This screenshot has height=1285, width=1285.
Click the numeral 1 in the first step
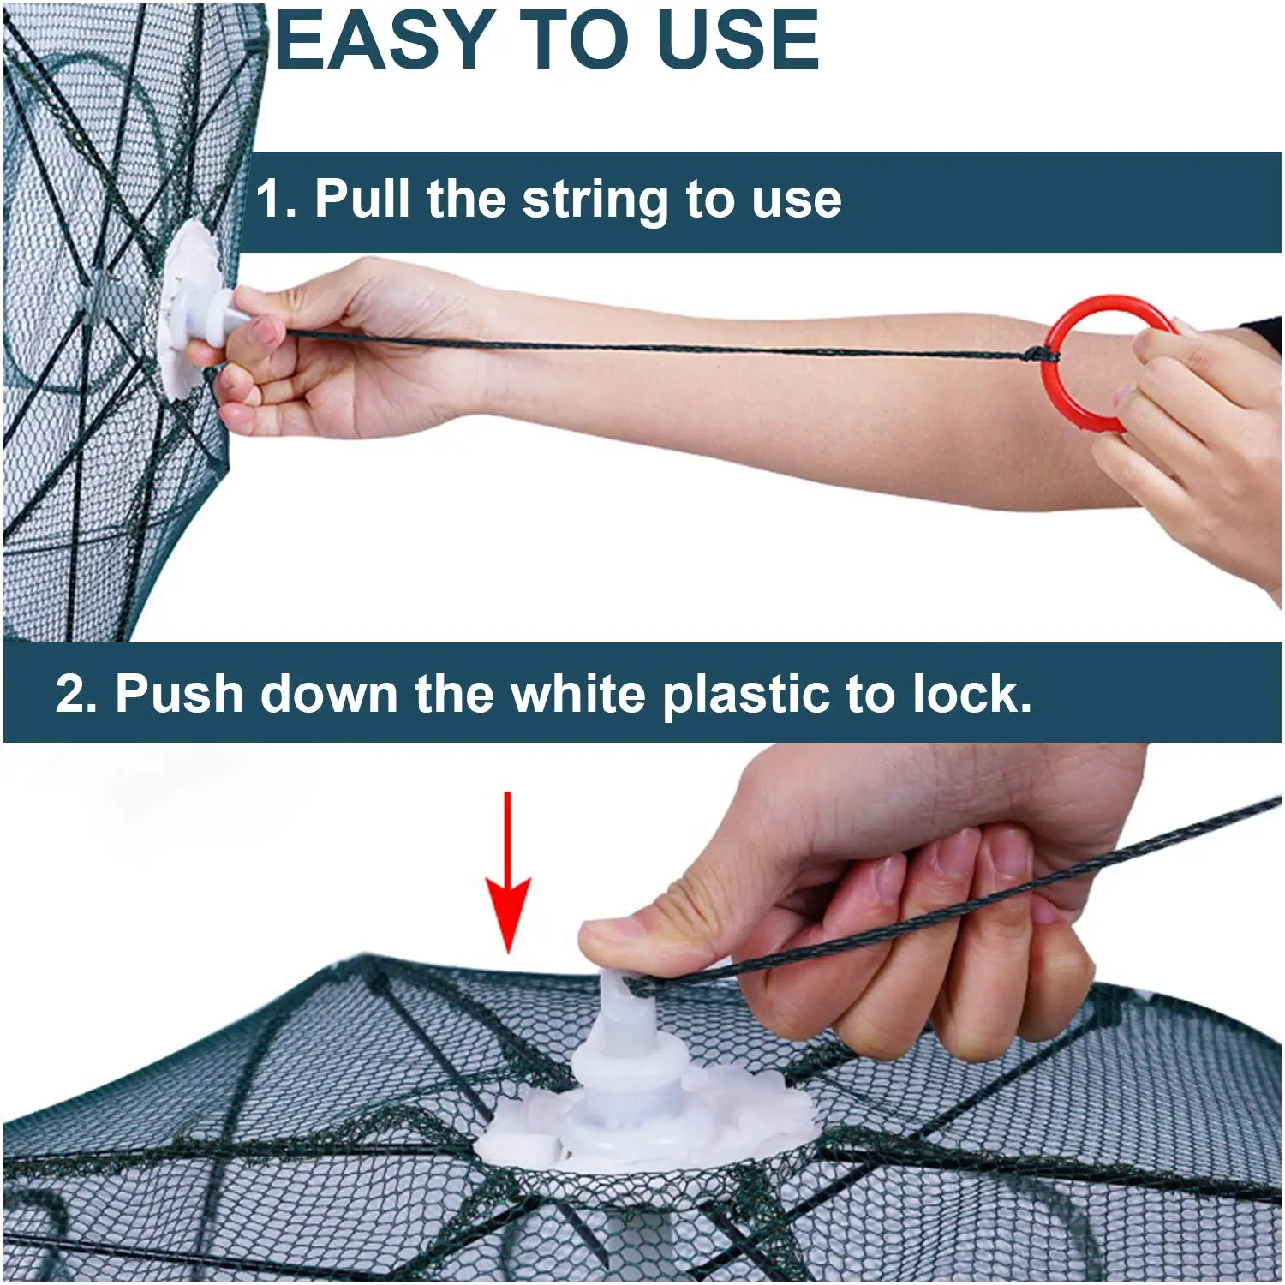(269, 199)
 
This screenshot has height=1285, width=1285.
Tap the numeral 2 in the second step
(70, 694)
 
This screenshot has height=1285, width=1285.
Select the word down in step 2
(329, 693)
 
